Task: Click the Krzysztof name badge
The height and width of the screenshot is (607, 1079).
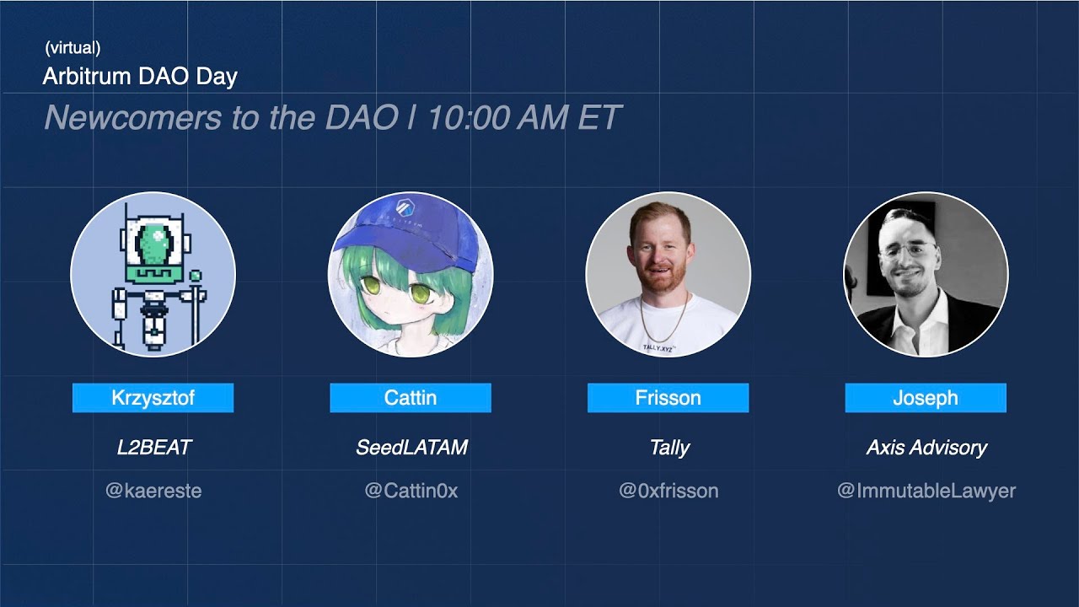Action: [153, 398]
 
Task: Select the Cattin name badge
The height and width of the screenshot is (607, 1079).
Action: [411, 398]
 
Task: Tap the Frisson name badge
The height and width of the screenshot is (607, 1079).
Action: [668, 398]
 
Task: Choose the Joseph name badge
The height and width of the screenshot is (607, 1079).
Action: [926, 398]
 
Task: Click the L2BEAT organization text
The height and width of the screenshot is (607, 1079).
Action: [153, 448]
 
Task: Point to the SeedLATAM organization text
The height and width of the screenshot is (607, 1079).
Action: [411, 448]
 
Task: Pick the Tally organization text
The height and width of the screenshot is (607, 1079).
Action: [669, 448]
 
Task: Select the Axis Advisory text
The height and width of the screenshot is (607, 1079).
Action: [926, 448]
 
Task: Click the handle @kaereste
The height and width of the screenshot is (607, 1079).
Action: [153, 491]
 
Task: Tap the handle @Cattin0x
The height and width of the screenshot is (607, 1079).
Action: [411, 491]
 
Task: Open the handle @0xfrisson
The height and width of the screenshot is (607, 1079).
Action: [668, 491]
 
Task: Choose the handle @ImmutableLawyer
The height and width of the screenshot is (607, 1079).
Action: [926, 491]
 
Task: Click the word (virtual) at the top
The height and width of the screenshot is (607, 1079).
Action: [72, 49]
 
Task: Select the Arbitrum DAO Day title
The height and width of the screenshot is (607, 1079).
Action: [140, 77]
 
